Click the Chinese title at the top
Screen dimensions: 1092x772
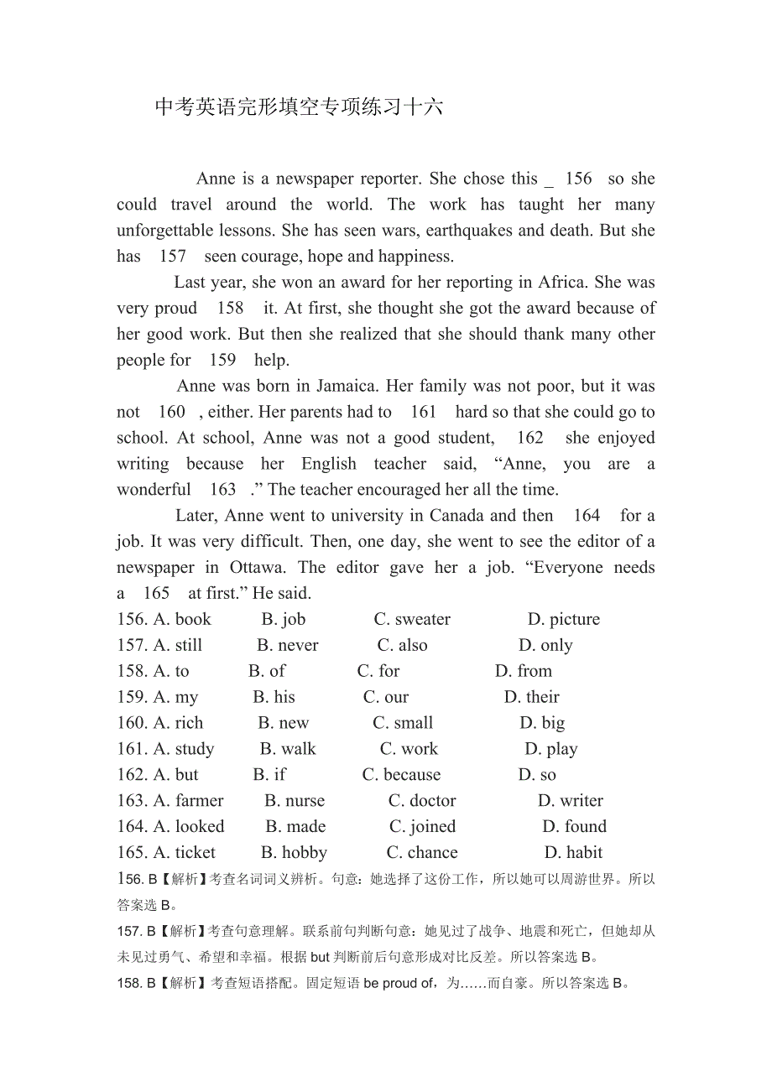(x=299, y=107)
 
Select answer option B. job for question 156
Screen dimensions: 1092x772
(x=284, y=620)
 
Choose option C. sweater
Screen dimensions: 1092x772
(x=412, y=620)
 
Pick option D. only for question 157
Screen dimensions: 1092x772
(x=545, y=646)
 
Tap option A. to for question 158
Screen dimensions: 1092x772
(x=171, y=672)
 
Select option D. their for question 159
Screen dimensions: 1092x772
(x=532, y=698)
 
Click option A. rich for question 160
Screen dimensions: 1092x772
(x=178, y=724)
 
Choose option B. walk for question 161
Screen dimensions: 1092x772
(x=288, y=750)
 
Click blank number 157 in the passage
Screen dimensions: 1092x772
(x=173, y=257)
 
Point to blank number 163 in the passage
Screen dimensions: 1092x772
(x=222, y=490)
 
